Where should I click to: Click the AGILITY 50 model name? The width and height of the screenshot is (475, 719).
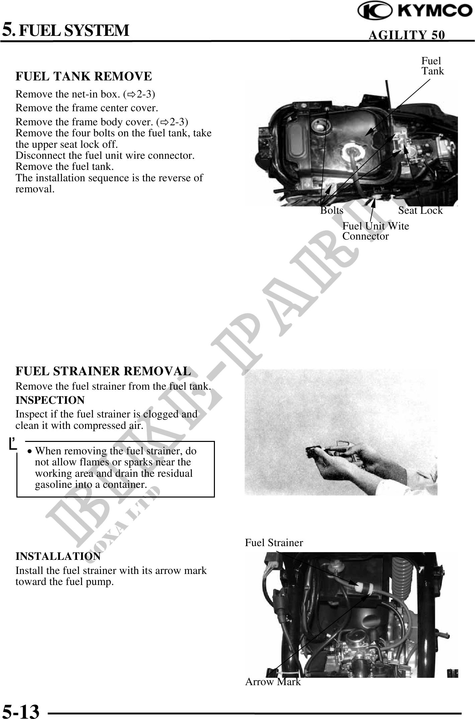coord(406,35)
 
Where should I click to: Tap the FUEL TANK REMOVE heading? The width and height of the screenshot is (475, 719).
coord(84,76)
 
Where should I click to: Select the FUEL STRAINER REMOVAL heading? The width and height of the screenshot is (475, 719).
coord(103,371)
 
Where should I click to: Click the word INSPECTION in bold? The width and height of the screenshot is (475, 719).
coord(50,400)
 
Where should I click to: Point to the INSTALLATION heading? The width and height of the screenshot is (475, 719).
coord(58,556)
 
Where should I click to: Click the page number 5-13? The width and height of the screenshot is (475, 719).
coord(21,711)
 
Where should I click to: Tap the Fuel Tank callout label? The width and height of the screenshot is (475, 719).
coord(432,66)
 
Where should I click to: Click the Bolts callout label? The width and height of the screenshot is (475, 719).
coord(332,210)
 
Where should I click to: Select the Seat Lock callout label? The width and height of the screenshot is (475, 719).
coord(420,210)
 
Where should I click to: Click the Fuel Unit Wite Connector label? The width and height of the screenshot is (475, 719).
coord(375,231)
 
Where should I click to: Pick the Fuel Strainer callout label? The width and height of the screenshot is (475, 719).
coord(273,543)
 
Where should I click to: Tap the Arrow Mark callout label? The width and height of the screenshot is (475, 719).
coord(273,682)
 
